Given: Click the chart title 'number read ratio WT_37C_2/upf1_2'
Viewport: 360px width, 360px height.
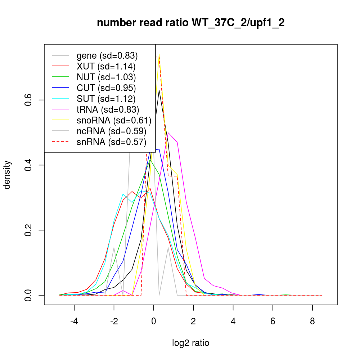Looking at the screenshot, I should (x=191, y=23).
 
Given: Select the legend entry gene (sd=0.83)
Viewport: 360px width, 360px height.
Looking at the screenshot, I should (x=107, y=56).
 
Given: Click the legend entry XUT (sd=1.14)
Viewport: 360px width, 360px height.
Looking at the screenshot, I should (x=106, y=67).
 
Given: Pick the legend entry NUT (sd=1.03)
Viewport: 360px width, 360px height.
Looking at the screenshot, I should (x=106, y=77).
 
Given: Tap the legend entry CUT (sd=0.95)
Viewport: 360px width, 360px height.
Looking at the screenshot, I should (x=106, y=88).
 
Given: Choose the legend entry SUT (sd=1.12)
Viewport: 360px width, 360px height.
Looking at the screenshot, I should (x=106, y=99).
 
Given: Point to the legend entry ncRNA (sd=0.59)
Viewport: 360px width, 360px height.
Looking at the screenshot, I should (x=111, y=131).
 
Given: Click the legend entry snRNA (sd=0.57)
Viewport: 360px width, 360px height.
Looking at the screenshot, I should (x=111, y=142).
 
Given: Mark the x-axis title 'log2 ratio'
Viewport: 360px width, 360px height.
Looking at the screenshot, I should (x=191, y=343).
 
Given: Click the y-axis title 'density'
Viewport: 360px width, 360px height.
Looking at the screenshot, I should (x=8, y=175).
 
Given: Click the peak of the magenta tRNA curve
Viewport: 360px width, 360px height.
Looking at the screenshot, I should (x=168, y=133).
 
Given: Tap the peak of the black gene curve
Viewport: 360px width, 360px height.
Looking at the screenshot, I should (x=159, y=90).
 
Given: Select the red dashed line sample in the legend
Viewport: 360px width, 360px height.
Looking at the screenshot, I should (x=60, y=142).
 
